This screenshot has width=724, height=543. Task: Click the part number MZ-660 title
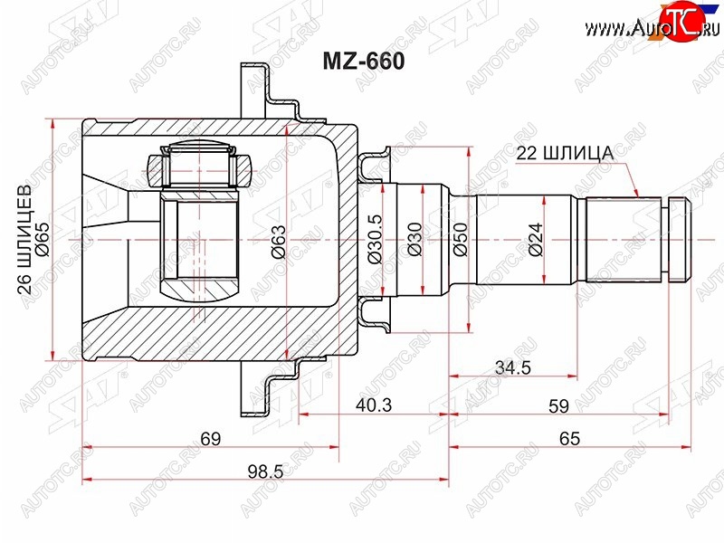(364, 62)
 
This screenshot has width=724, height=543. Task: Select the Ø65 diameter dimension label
(43, 239)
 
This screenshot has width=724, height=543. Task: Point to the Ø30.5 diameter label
(375, 239)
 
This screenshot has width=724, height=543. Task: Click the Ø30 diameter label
(415, 239)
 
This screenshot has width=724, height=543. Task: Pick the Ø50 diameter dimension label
(461, 239)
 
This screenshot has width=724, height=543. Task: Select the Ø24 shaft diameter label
(536, 240)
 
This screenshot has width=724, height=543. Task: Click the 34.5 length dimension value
(512, 367)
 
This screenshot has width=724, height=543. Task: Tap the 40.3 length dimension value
(374, 405)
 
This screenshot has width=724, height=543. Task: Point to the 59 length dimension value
(558, 405)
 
